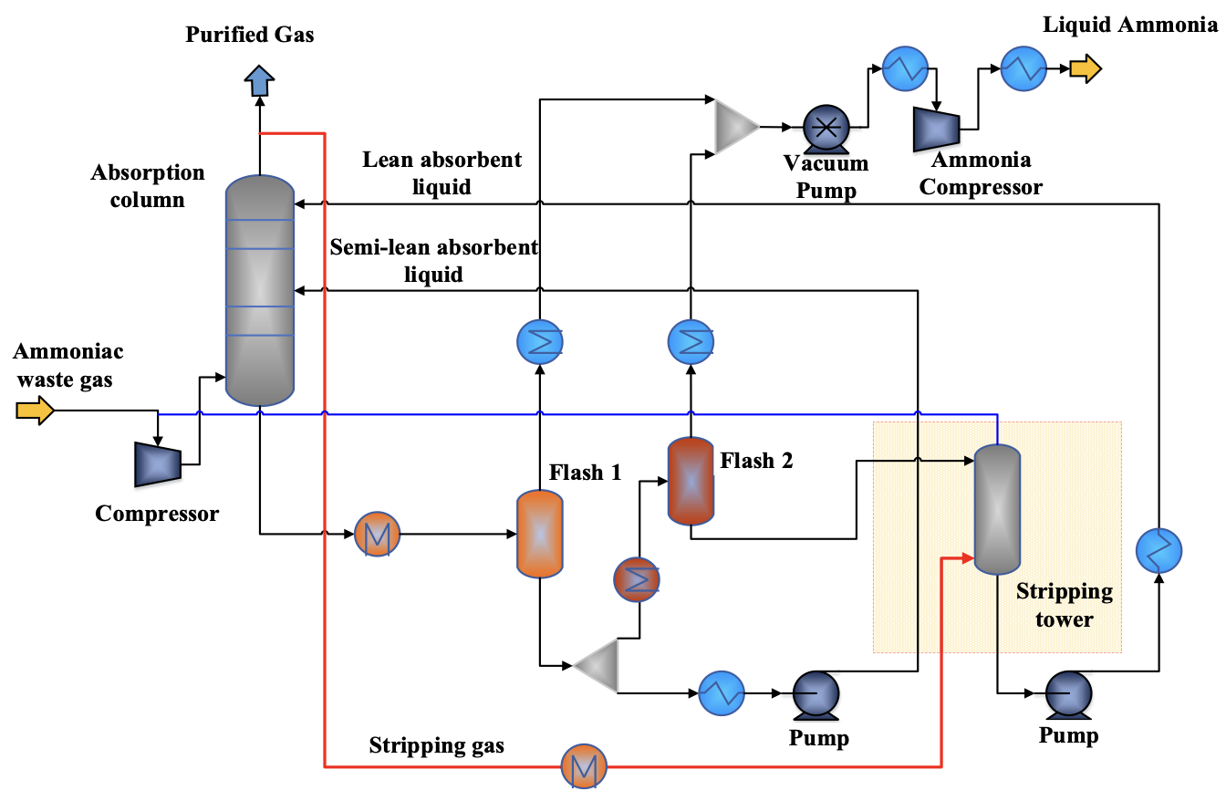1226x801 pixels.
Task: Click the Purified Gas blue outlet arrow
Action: click(260, 81)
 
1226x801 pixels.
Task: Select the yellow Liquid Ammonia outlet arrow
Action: click(1086, 68)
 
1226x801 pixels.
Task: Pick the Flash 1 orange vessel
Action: click(540, 534)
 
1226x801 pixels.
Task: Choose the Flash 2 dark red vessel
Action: click(691, 482)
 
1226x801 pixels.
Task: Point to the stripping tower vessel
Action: click(997, 509)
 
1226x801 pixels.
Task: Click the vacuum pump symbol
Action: click(826, 128)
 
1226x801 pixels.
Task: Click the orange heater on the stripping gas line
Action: click(583, 766)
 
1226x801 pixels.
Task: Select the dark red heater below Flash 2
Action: click(637, 578)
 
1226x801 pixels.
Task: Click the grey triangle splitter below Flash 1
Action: click(598, 665)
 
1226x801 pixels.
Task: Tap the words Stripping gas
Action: click(436, 745)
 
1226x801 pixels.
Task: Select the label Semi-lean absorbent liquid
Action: click(434, 261)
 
